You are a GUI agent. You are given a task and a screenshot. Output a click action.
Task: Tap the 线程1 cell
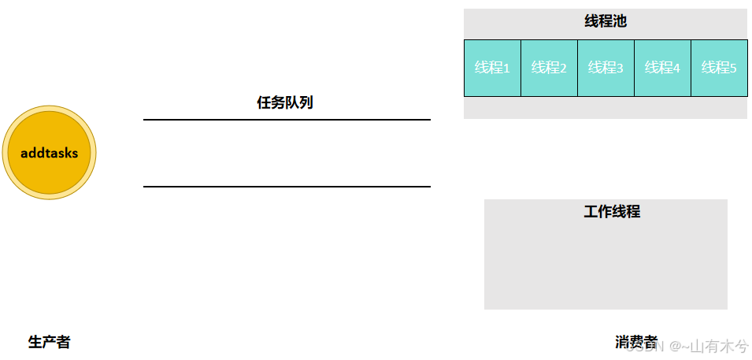point(492,68)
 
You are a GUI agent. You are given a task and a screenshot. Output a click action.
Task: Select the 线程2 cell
point(549,68)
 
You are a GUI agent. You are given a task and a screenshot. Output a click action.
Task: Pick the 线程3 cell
point(606,68)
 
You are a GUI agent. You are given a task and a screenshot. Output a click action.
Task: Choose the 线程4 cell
point(662,68)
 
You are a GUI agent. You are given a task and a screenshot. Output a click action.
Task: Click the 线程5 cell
point(719,68)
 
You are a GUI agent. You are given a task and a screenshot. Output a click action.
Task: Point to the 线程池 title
point(605,21)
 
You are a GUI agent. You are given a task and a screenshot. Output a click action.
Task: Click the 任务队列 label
point(285,102)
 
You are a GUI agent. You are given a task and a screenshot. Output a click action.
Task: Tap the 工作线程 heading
point(612,211)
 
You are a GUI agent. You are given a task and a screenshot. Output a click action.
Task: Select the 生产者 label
point(49,342)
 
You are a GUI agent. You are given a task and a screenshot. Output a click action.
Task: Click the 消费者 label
point(635,342)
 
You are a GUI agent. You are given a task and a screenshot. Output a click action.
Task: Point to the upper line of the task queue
point(287,120)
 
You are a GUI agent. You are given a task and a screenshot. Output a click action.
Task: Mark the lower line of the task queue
point(287,187)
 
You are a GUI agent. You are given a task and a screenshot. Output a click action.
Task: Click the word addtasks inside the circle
point(50,153)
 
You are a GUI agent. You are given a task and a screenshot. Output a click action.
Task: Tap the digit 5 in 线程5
point(733,69)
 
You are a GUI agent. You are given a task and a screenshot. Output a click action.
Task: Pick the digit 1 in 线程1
point(506,69)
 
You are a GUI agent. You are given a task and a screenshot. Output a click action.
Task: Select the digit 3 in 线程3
point(620,69)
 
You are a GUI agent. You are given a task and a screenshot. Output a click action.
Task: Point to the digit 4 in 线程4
point(676,69)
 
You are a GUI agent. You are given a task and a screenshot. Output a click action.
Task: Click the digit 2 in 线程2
point(563,69)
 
